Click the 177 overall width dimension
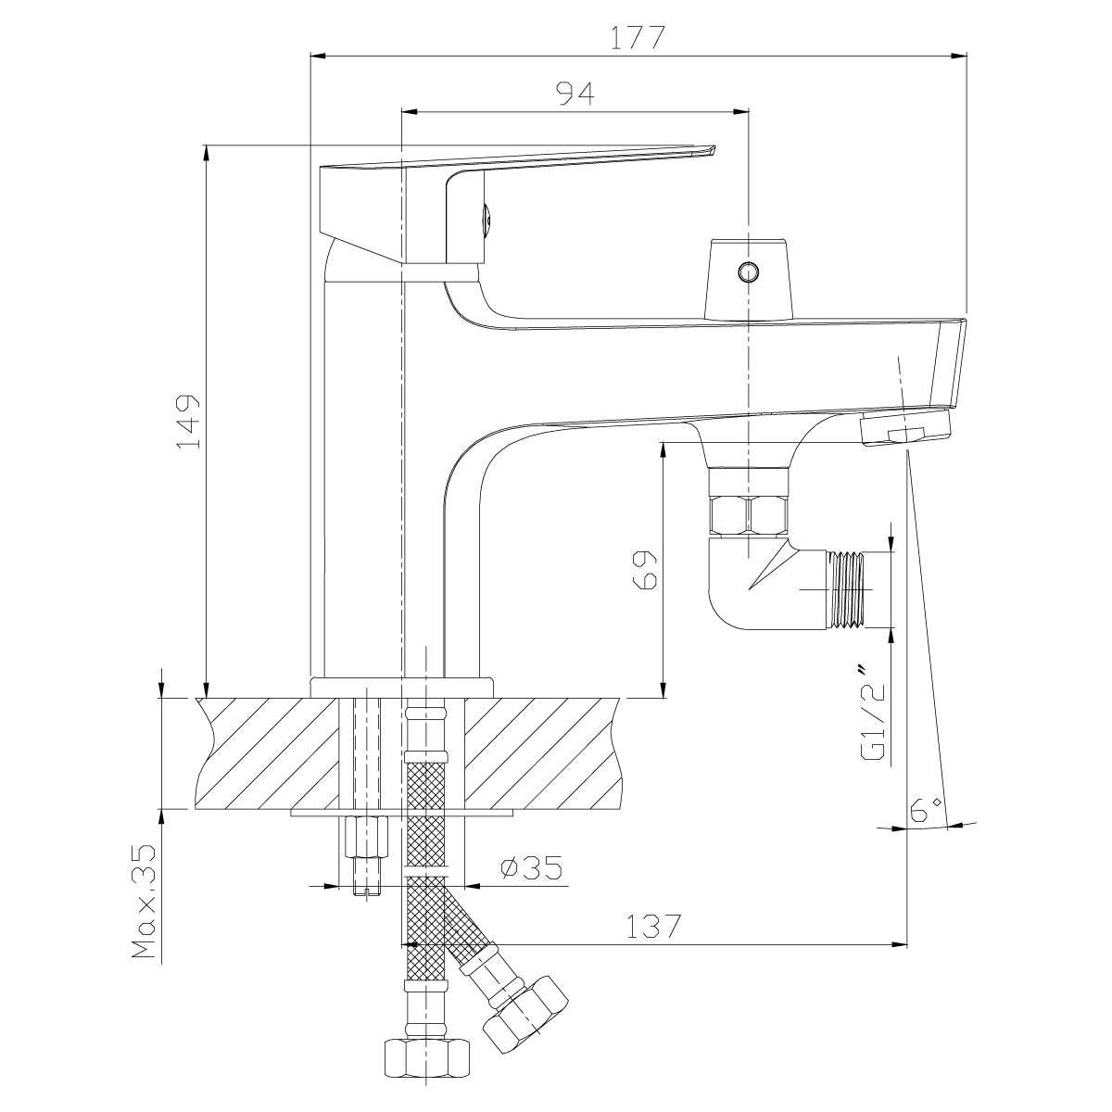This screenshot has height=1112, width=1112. coord(638,38)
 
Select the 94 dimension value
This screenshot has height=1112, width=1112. coord(575,94)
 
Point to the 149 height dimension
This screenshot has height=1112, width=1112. coord(188,422)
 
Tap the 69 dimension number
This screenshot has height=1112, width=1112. coord(645,570)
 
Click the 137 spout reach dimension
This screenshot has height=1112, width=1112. coord(654,926)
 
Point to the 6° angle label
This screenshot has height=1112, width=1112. coord(926,811)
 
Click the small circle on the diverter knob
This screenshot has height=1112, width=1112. coord(748,272)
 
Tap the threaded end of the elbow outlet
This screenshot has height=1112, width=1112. coord(847,589)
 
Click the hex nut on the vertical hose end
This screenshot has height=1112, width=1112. coord(426,1056)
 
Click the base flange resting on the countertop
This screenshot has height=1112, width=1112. coord(402,688)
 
